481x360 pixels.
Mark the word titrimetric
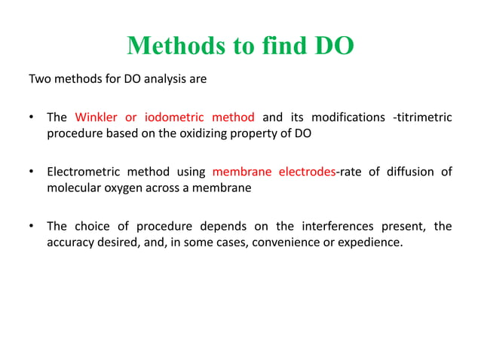pos(424,117)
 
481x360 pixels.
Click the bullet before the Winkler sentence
pos(31,118)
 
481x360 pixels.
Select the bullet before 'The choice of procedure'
pos(31,227)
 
